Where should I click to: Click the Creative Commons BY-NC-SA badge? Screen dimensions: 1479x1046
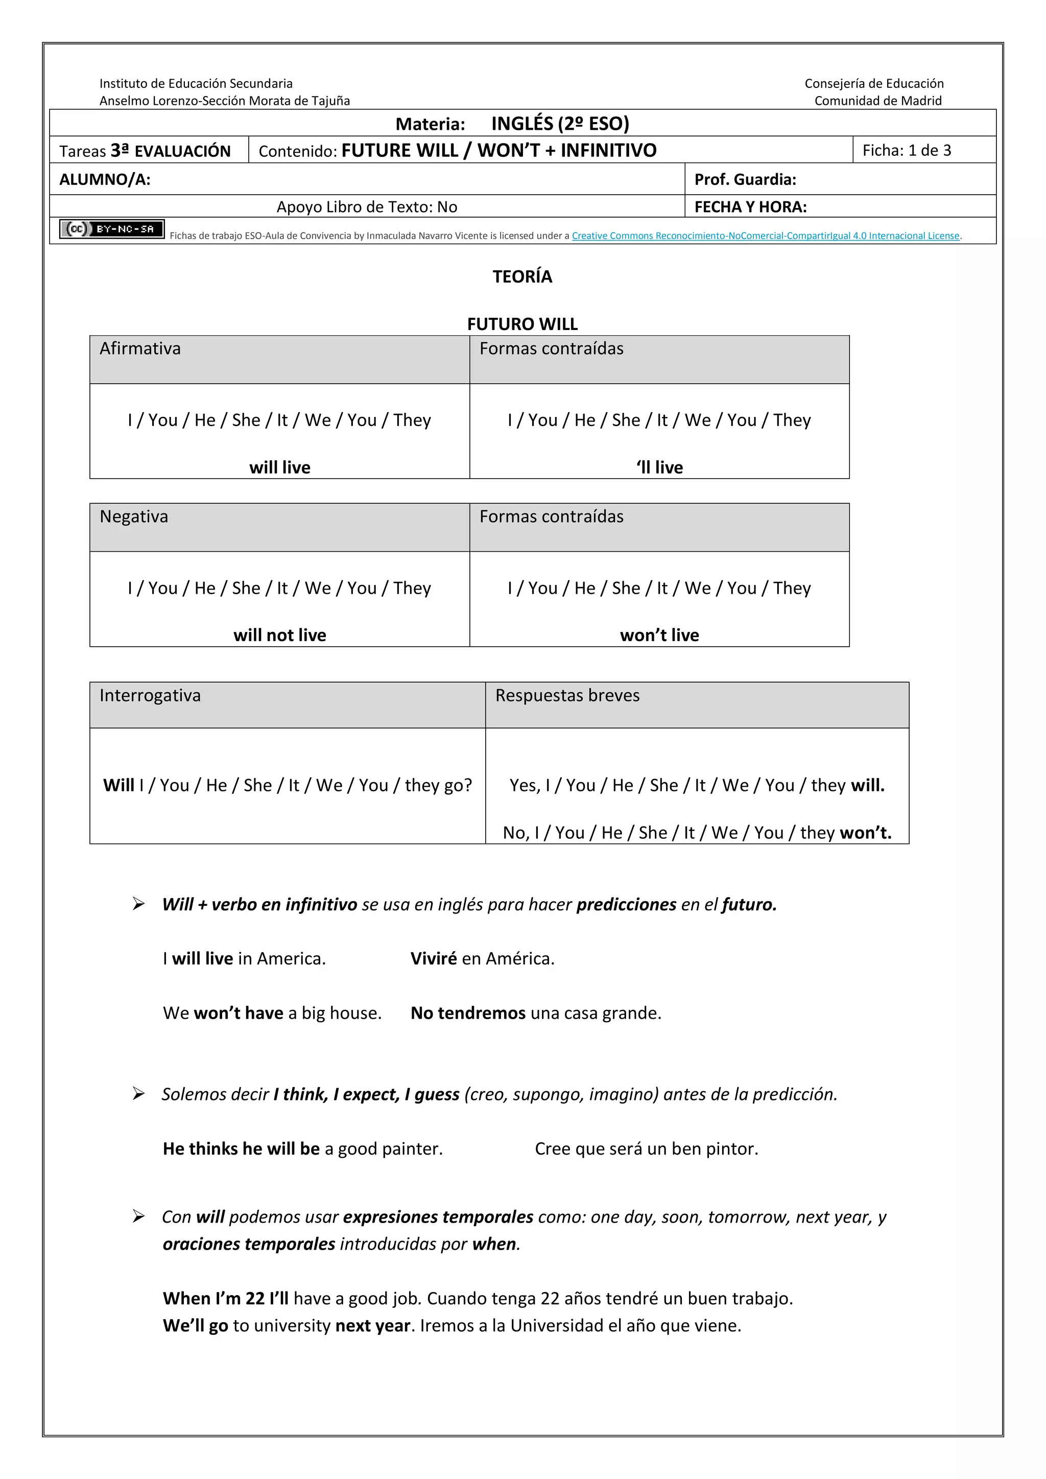[111, 229]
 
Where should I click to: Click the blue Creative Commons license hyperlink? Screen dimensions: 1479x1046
[765, 236]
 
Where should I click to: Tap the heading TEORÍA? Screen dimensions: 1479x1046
[522, 276]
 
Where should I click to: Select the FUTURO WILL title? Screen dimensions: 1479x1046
[522, 324]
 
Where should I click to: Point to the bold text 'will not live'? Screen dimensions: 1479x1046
[279, 635]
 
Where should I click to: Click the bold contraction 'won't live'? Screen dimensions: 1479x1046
[659, 635]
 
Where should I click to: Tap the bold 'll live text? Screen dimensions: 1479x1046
[659, 467]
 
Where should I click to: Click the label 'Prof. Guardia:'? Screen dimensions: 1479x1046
[745, 180]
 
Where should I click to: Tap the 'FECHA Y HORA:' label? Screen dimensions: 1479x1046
[750, 207]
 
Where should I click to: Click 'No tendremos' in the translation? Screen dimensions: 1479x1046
[468, 1013]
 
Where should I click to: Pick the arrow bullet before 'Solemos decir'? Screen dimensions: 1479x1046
[138, 1093]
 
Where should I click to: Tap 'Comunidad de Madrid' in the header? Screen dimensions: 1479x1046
[877, 101]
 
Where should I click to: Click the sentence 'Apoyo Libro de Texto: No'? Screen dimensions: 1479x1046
[367, 207]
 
